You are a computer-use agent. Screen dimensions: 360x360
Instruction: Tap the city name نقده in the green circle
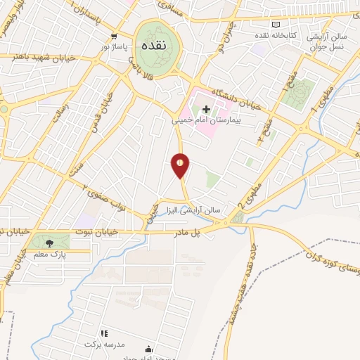[155, 44]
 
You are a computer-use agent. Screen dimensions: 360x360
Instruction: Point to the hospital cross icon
[206, 109]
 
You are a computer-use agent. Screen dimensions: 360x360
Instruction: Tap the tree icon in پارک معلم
[49, 243]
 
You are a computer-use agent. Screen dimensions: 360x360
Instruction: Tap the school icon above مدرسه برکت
[104, 333]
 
